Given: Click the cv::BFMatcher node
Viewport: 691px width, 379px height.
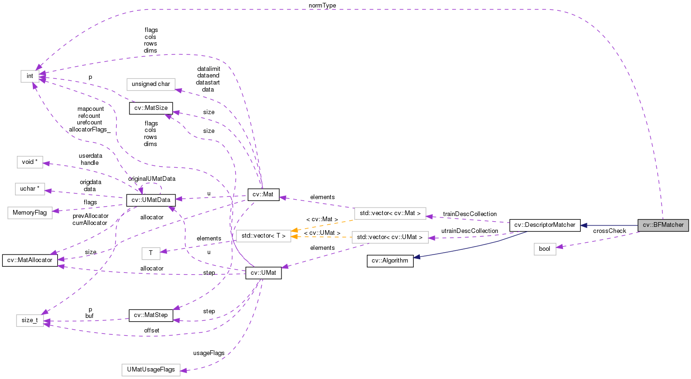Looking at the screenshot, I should click(x=663, y=225).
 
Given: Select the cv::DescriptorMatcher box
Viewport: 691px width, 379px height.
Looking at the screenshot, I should click(x=545, y=225).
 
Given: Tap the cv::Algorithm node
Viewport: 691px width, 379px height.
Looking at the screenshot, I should click(x=390, y=261).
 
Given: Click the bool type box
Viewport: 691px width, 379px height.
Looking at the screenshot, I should click(x=544, y=249).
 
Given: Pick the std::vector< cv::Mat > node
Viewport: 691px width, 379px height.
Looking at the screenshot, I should click(x=390, y=214).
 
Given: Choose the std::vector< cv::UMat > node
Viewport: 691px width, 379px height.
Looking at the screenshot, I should click(x=390, y=237).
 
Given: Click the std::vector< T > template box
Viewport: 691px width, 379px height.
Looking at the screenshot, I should click(x=263, y=236).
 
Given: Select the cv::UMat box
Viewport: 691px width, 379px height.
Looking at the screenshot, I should click(x=263, y=273).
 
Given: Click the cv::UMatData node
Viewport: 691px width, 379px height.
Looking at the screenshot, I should click(x=151, y=200).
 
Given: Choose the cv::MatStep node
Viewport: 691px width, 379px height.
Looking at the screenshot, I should click(x=151, y=315).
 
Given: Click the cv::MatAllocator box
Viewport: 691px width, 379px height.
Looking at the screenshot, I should click(x=30, y=260).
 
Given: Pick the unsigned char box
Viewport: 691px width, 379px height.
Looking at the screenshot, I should click(x=151, y=85).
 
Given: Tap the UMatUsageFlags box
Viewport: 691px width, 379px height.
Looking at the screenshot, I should click(x=151, y=370).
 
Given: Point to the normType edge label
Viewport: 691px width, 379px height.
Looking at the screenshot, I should click(x=322, y=5).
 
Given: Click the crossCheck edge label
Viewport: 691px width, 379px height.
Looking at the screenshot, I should click(x=609, y=231).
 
